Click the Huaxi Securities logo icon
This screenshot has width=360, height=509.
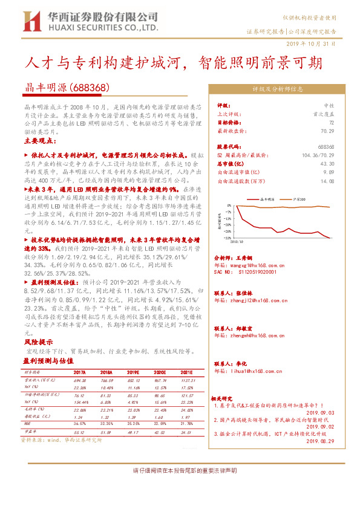coord(30,22)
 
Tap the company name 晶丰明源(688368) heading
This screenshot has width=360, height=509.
coord(63,87)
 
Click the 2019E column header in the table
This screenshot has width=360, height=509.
coord(134,372)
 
